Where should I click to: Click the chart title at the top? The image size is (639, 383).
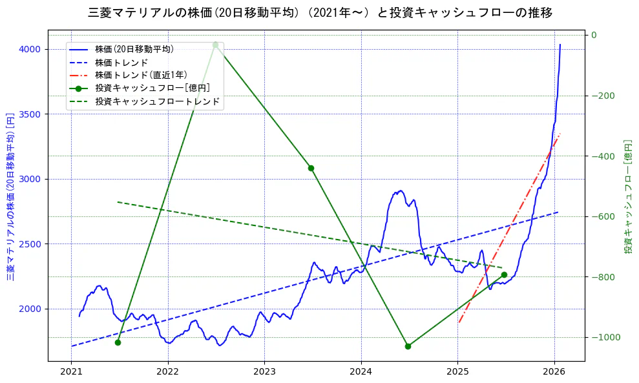(320, 12)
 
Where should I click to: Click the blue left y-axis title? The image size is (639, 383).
(10, 197)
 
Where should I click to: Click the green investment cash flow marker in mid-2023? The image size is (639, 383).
(311, 168)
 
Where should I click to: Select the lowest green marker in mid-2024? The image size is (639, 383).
(408, 346)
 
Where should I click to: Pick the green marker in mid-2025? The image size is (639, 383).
(504, 274)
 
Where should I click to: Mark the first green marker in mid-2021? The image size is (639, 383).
(118, 342)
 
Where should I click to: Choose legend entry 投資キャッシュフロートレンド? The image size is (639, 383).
(157, 101)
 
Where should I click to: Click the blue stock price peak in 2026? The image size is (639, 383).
(560, 45)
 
